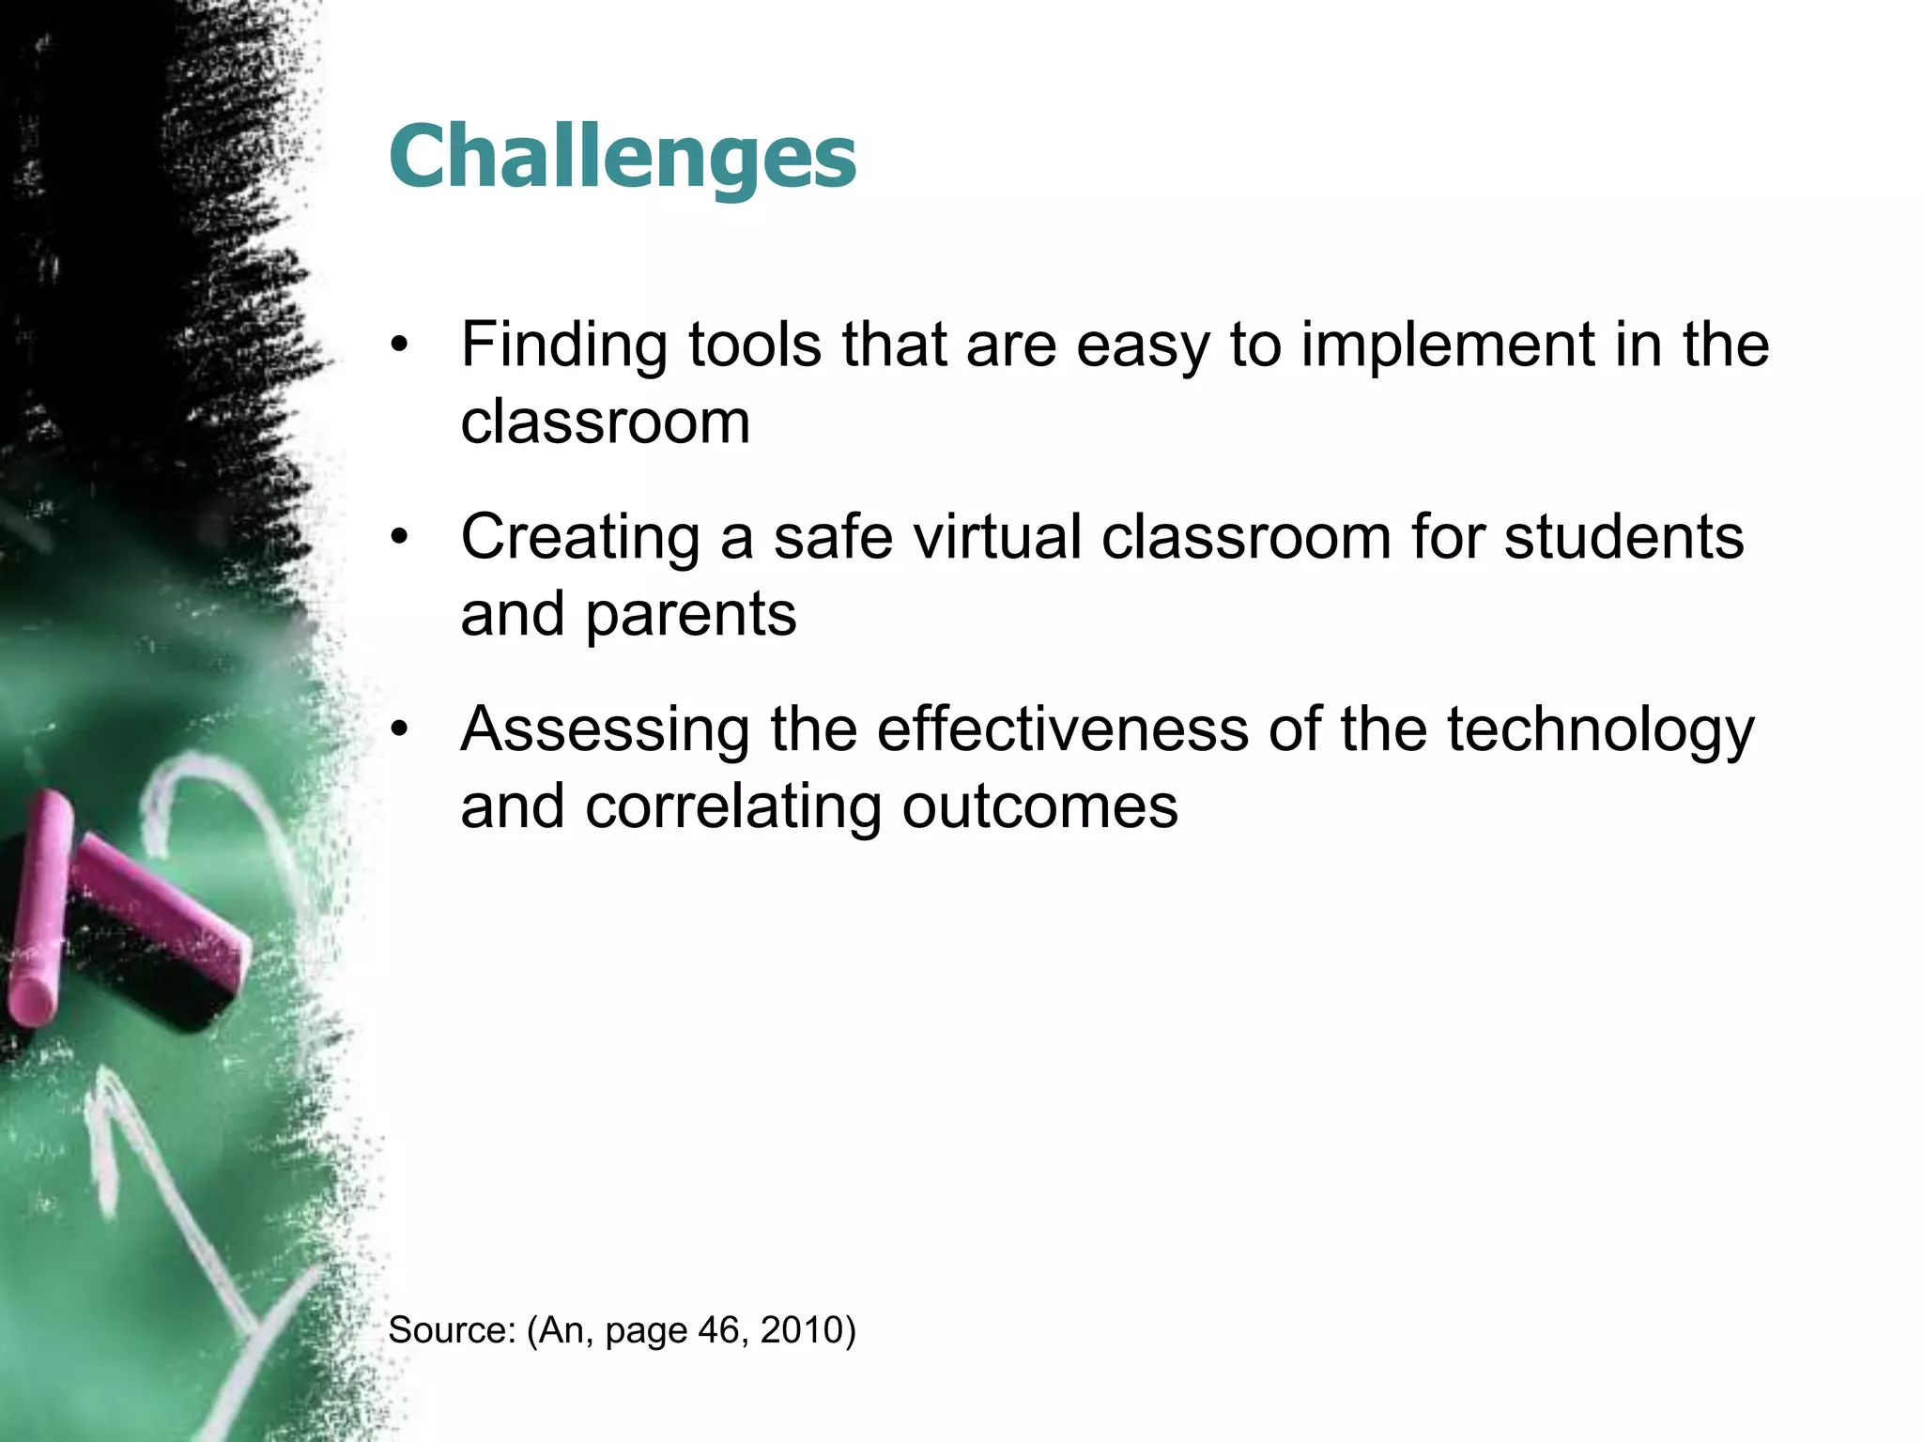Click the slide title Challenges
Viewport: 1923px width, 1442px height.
pyautogui.click(x=622, y=158)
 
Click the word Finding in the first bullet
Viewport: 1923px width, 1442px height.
pyautogui.click(x=563, y=345)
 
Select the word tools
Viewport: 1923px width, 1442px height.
pyautogui.click(x=755, y=345)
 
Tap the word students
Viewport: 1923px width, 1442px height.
pyautogui.click(x=1623, y=537)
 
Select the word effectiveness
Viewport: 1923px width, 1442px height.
pyautogui.click(x=1062, y=729)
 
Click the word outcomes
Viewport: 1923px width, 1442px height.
pyautogui.click(x=1039, y=807)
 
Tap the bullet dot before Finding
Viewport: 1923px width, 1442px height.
pyautogui.click(x=401, y=345)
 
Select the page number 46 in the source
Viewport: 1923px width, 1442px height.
pyautogui.click(x=718, y=1330)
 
